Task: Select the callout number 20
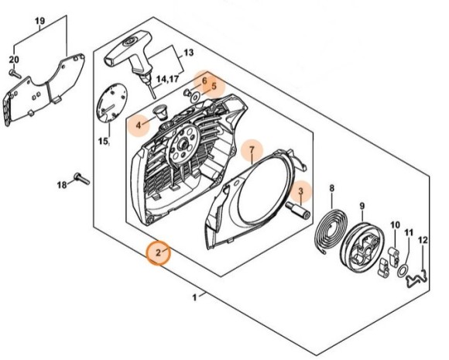(13, 60)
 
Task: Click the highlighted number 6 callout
(204, 81)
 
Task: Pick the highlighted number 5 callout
(213, 86)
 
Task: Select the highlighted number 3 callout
(300, 190)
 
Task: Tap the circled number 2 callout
(158, 253)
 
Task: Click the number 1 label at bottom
(194, 295)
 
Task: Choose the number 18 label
(62, 184)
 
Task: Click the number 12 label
(423, 241)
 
